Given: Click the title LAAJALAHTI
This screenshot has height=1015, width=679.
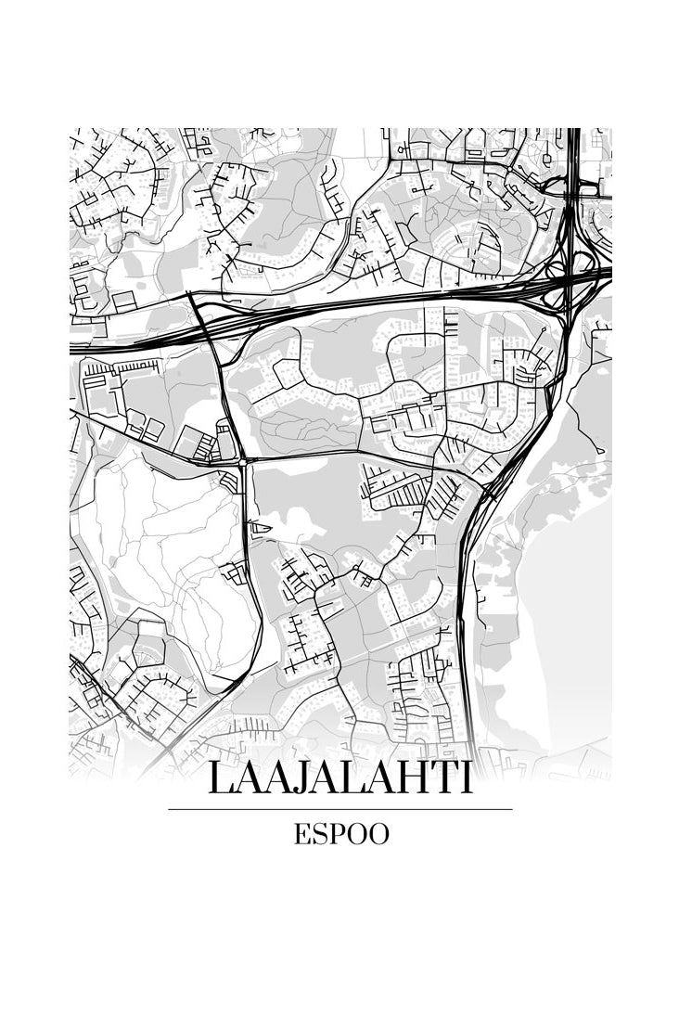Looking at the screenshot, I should tap(339, 777).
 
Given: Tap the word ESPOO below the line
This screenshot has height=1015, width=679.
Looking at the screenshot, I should tap(341, 834).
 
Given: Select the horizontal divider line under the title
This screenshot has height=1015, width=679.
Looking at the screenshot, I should tap(339, 809).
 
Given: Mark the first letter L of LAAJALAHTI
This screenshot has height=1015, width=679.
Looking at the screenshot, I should tap(220, 777).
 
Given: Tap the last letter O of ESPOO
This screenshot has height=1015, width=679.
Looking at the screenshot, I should tap(378, 834).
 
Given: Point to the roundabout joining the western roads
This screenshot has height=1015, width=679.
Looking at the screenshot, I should tap(242, 460).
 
